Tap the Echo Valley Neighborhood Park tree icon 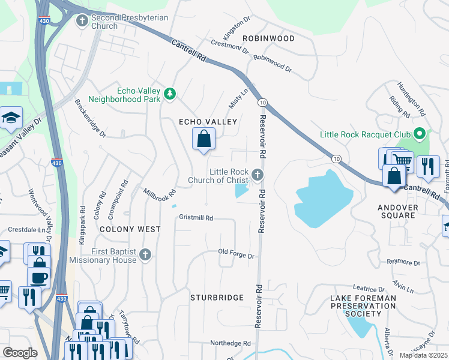tap(170, 94)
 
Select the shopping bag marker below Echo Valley tap(204, 139)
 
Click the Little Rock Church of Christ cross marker tap(258, 175)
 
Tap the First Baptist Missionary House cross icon tap(144, 255)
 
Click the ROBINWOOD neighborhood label tap(268, 38)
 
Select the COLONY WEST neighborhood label tap(130, 229)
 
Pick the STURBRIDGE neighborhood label tap(217, 297)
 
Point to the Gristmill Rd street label tap(196, 218)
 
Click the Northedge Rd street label tap(230, 343)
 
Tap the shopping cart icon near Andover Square tap(402, 160)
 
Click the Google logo tap(20, 353)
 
